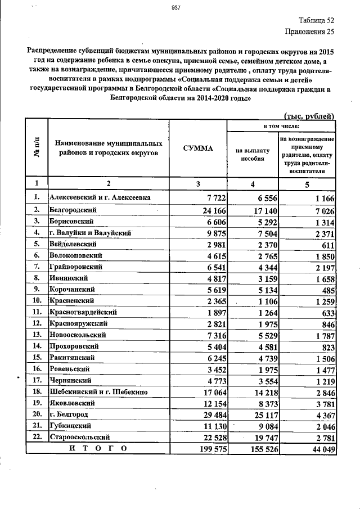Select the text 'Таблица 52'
(x=317, y=20)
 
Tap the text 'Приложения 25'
(x=310, y=32)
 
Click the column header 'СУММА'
(x=197, y=148)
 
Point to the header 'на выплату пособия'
(x=253, y=155)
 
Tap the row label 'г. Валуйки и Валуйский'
(x=91, y=232)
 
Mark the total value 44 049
(x=320, y=449)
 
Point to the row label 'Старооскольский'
(x=80, y=436)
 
